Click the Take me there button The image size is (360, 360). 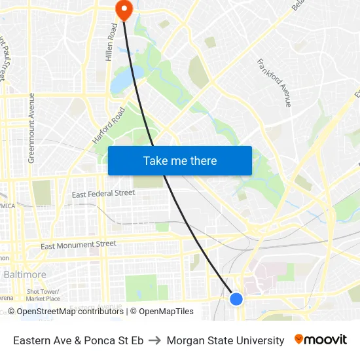tap(180, 160)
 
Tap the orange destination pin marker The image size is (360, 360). tap(123, 9)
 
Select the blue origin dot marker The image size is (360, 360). tap(236, 299)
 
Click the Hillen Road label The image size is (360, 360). tap(110, 43)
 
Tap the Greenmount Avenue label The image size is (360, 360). tap(31, 128)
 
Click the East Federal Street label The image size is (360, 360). tap(103, 194)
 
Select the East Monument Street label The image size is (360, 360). tap(79, 245)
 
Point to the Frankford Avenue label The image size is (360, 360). tap(274, 83)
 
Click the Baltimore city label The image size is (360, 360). tap(25, 274)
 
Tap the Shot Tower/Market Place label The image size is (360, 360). tap(43, 295)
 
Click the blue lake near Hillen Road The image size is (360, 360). tap(120, 82)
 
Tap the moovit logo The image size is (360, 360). tap(321, 340)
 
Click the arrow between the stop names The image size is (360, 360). tap(155, 340)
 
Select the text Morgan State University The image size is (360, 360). tap(225, 340)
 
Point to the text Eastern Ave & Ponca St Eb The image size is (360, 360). tap(78, 340)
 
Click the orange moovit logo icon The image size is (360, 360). tap(299, 339)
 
